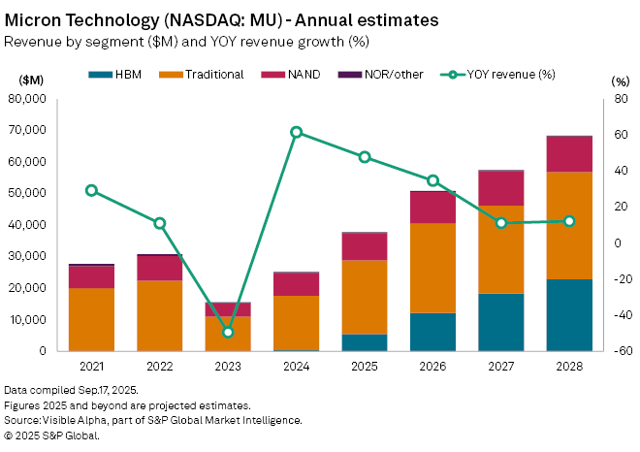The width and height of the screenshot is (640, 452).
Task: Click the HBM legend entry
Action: pyautogui.click(x=116, y=74)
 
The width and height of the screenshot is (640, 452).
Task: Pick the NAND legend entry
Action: pyautogui.click(x=298, y=74)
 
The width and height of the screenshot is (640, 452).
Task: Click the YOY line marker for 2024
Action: pyautogui.click(x=296, y=132)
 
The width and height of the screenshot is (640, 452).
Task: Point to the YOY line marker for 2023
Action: pyautogui.click(x=228, y=332)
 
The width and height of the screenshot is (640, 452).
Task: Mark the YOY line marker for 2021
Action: pyautogui.click(x=91, y=190)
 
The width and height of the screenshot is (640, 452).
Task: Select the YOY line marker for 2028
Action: pyautogui.click(x=569, y=221)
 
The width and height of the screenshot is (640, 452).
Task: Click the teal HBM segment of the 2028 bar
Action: pyautogui.click(x=569, y=314)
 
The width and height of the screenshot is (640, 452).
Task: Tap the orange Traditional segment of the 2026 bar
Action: pyautogui.click(x=432, y=268)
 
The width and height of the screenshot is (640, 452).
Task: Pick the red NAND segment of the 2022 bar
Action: pyautogui.click(x=159, y=268)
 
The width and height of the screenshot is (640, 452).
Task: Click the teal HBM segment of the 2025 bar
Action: pyautogui.click(x=364, y=341)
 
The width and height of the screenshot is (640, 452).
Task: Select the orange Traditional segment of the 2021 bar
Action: pyautogui.click(x=91, y=318)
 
